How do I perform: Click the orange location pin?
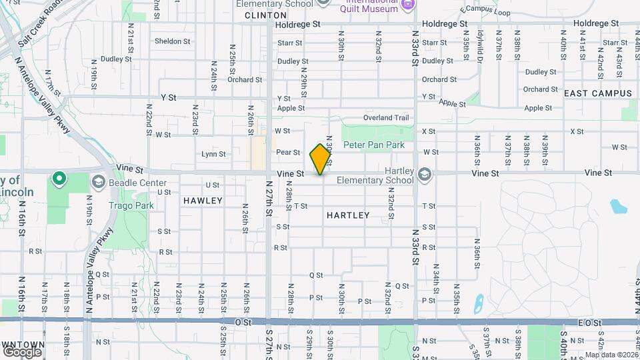[321, 159]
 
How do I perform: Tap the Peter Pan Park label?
[373, 145]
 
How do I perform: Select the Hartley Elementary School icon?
[425, 174]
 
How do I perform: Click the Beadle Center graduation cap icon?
[97, 182]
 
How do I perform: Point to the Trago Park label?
[131, 205]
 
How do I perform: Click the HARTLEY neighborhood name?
[348, 215]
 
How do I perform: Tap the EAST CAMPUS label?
[597, 93]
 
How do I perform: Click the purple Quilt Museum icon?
[408, 5]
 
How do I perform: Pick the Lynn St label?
[213, 154]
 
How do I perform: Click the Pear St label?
[288, 152]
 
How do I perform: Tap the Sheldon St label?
[172, 41]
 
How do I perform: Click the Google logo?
[22, 351]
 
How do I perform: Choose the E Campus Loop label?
[485, 12]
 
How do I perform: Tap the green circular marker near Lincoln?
[59, 178]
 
